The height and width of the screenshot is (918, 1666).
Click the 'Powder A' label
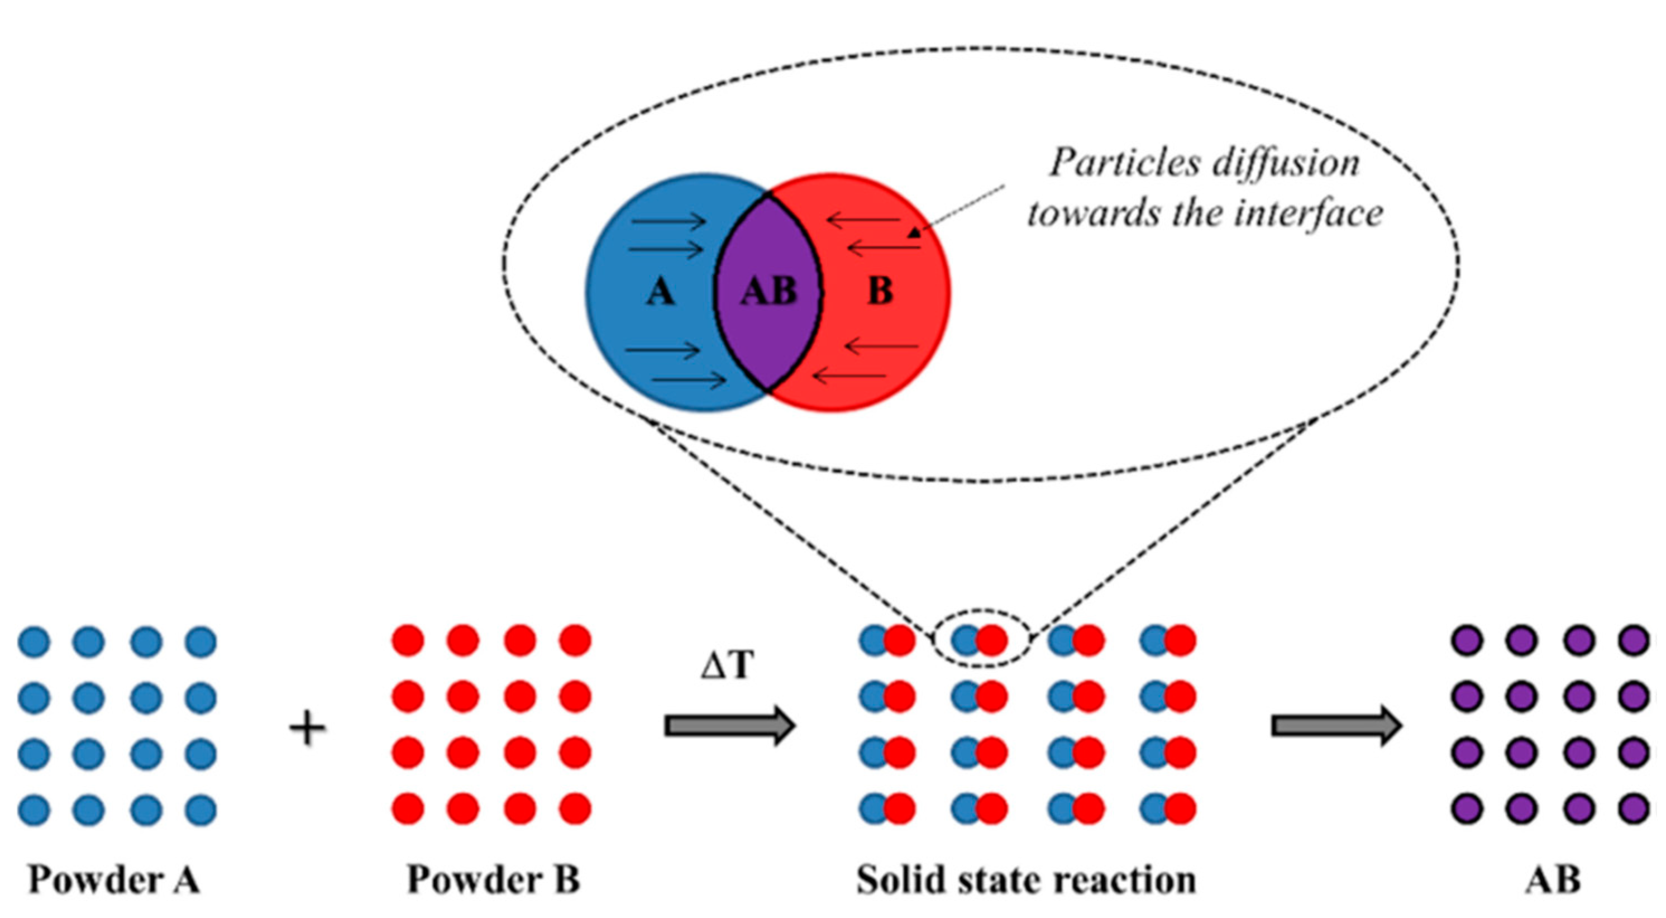114,880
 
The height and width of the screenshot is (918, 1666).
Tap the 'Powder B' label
493,880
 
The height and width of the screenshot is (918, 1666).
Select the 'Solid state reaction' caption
1027,880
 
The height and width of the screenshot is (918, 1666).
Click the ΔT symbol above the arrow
728,664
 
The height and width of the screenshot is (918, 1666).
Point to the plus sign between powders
307,729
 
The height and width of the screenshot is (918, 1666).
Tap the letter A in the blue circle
660,292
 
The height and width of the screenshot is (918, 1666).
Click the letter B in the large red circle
880,292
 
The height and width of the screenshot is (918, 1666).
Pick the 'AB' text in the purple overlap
768,292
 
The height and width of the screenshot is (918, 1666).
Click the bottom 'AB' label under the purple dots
1552,880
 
